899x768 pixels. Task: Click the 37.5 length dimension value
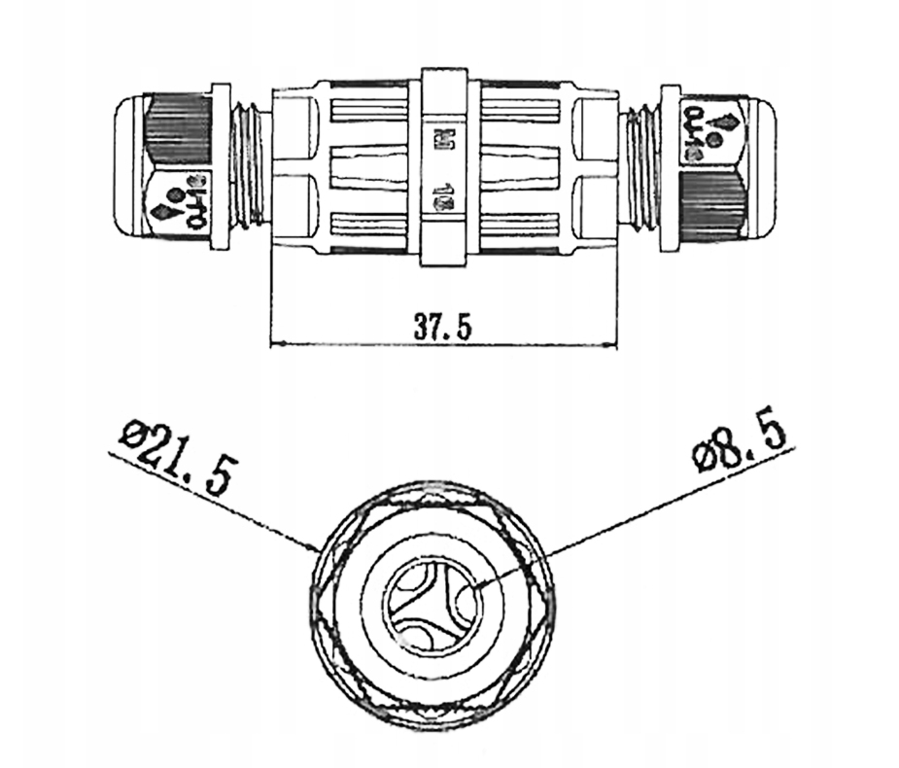[443, 327]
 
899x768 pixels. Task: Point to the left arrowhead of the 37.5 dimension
[273, 342]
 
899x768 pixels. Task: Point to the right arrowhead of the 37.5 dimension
[614, 342]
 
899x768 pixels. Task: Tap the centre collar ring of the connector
[443, 166]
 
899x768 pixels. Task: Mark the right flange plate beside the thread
[669, 165]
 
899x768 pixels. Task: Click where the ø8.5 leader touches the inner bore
[474, 588]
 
